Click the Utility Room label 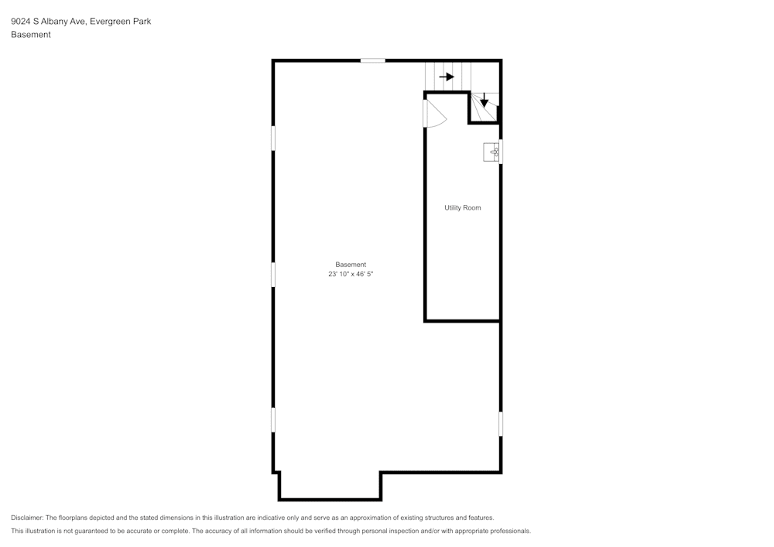pos(462,207)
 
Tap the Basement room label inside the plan pos(351,265)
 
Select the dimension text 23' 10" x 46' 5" pos(356,274)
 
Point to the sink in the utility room pos(492,152)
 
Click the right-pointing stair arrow pos(447,77)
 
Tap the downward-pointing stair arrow pos(485,101)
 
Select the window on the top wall pos(372,60)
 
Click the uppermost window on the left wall pos(273,138)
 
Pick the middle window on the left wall pos(273,274)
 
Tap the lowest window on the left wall pos(273,419)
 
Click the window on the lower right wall pos(501,424)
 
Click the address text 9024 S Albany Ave pos(48,22)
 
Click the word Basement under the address pos(31,35)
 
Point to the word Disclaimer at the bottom pos(27,518)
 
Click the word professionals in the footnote pos(507,531)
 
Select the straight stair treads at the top pos(447,77)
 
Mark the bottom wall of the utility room pos(462,320)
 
